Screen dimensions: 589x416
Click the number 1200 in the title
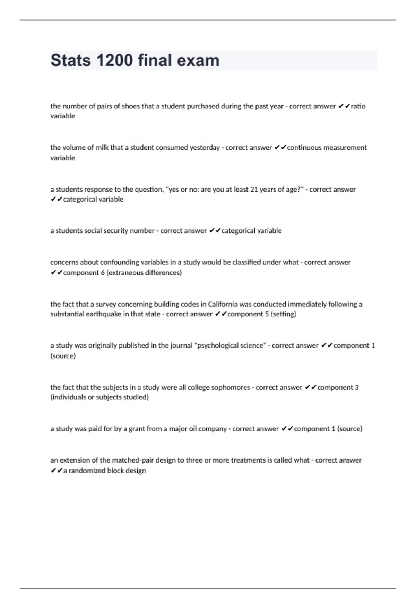pyautogui.click(x=114, y=60)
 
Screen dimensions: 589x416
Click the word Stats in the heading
pyautogui.click(x=71, y=60)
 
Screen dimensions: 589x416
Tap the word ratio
pyautogui.click(x=358, y=106)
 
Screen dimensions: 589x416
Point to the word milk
pyautogui.click(x=102, y=147)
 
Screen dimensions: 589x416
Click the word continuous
pyautogui.click(x=304, y=147)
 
